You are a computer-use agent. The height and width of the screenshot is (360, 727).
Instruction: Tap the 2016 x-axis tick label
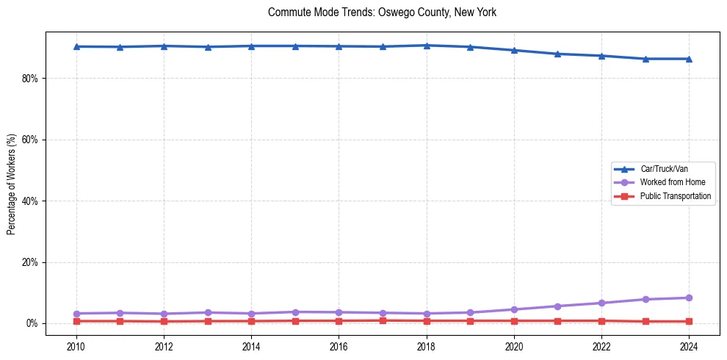tap(339, 346)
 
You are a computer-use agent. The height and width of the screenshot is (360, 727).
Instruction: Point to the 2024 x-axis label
tap(689, 346)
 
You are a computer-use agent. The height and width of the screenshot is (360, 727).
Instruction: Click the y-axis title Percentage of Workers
tap(12, 184)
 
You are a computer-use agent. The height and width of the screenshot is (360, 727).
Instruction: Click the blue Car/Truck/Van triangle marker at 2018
tap(427, 46)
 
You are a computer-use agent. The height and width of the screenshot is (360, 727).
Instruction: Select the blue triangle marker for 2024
tap(689, 59)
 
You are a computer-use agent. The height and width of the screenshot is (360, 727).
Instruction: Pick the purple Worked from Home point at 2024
tap(689, 298)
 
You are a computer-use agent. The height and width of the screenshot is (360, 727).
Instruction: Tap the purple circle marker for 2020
tap(514, 309)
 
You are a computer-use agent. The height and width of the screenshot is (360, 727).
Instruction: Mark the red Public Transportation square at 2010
tap(76, 321)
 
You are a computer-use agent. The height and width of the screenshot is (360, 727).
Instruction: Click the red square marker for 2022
tap(601, 320)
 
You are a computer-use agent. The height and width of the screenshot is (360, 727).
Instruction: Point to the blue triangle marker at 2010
tap(76, 46)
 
